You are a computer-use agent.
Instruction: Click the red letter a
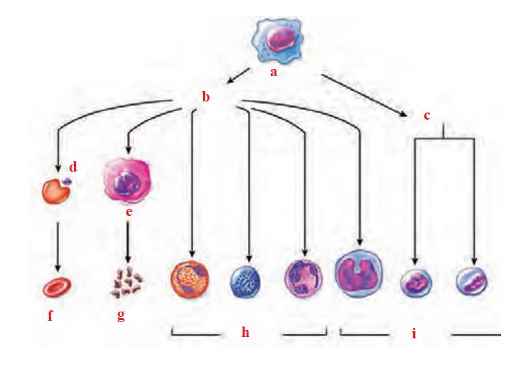274,72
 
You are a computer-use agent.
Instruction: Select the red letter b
206,98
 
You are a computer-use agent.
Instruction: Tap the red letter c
427,116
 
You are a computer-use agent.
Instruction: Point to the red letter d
73,167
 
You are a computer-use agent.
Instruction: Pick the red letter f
50,317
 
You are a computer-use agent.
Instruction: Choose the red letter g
121,317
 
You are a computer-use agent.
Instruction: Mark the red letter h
245,332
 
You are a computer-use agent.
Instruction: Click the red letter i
414,334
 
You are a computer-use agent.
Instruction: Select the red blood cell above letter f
57,286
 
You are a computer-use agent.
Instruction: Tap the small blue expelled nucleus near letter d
66,182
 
